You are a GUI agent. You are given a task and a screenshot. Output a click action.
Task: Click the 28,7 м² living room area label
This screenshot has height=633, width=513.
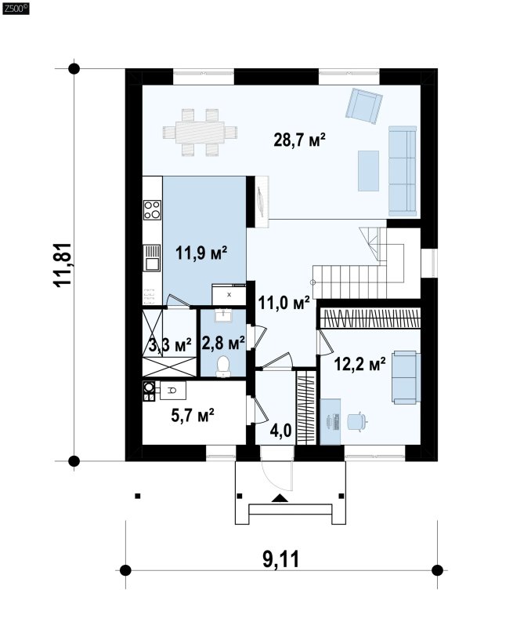pyautogui.click(x=299, y=140)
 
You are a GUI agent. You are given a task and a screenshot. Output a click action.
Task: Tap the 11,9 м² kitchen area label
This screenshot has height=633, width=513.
pyautogui.click(x=201, y=253)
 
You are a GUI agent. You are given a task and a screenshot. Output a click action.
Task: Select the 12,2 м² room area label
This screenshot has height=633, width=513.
pyautogui.click(x=359, y=364)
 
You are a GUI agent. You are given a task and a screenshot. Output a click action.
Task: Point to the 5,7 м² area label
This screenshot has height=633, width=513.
pyautogui.click(x=192, y=415)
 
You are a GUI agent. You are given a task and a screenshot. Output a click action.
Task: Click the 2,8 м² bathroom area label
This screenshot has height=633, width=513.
pyautogui.click(x=223, y=344)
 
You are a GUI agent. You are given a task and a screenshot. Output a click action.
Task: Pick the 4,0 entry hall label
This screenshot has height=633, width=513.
pyautogui.click(x=280, y=431)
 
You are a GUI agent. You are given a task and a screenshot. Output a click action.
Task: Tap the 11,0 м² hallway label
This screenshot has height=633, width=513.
pyautogui.click(x=284, y=302)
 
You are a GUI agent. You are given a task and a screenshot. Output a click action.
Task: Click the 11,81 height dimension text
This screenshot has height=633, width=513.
pyautogui.click(x=63, y=264)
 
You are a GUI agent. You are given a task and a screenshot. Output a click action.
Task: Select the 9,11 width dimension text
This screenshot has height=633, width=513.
pyautogui.click(x=281, y=559)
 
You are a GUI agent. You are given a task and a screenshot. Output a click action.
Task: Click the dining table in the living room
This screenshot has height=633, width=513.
pyautogui.click(x=200, y=133)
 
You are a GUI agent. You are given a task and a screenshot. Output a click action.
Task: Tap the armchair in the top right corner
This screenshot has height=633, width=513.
pyautogui.click(x=363, y=105)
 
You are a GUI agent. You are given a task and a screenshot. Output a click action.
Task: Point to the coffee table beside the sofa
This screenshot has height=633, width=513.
pyautogui.click(x=368, y=170)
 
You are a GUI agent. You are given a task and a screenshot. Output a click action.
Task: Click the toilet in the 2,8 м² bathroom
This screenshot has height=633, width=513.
pyautogui.click(x=223, y=366)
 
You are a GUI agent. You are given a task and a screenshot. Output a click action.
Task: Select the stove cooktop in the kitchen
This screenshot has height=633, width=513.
pyautogui.click(x=152, y=210)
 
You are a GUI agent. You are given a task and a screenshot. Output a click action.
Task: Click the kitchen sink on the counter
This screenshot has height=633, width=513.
pyautogui.click(x=152, y=258)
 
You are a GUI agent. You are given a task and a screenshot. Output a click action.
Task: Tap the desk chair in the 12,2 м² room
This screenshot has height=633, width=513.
pyautogui.click(x=356, y=421)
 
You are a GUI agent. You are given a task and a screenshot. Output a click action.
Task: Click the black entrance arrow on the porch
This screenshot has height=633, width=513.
pyautogui.click(x=280, y=498)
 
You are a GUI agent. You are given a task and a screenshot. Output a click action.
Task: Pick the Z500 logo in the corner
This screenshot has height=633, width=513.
pyautogui.click(x=16, y=9)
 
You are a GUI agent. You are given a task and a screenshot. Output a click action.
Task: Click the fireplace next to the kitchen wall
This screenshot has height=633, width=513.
pyautogui.click(x=262, y=202)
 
